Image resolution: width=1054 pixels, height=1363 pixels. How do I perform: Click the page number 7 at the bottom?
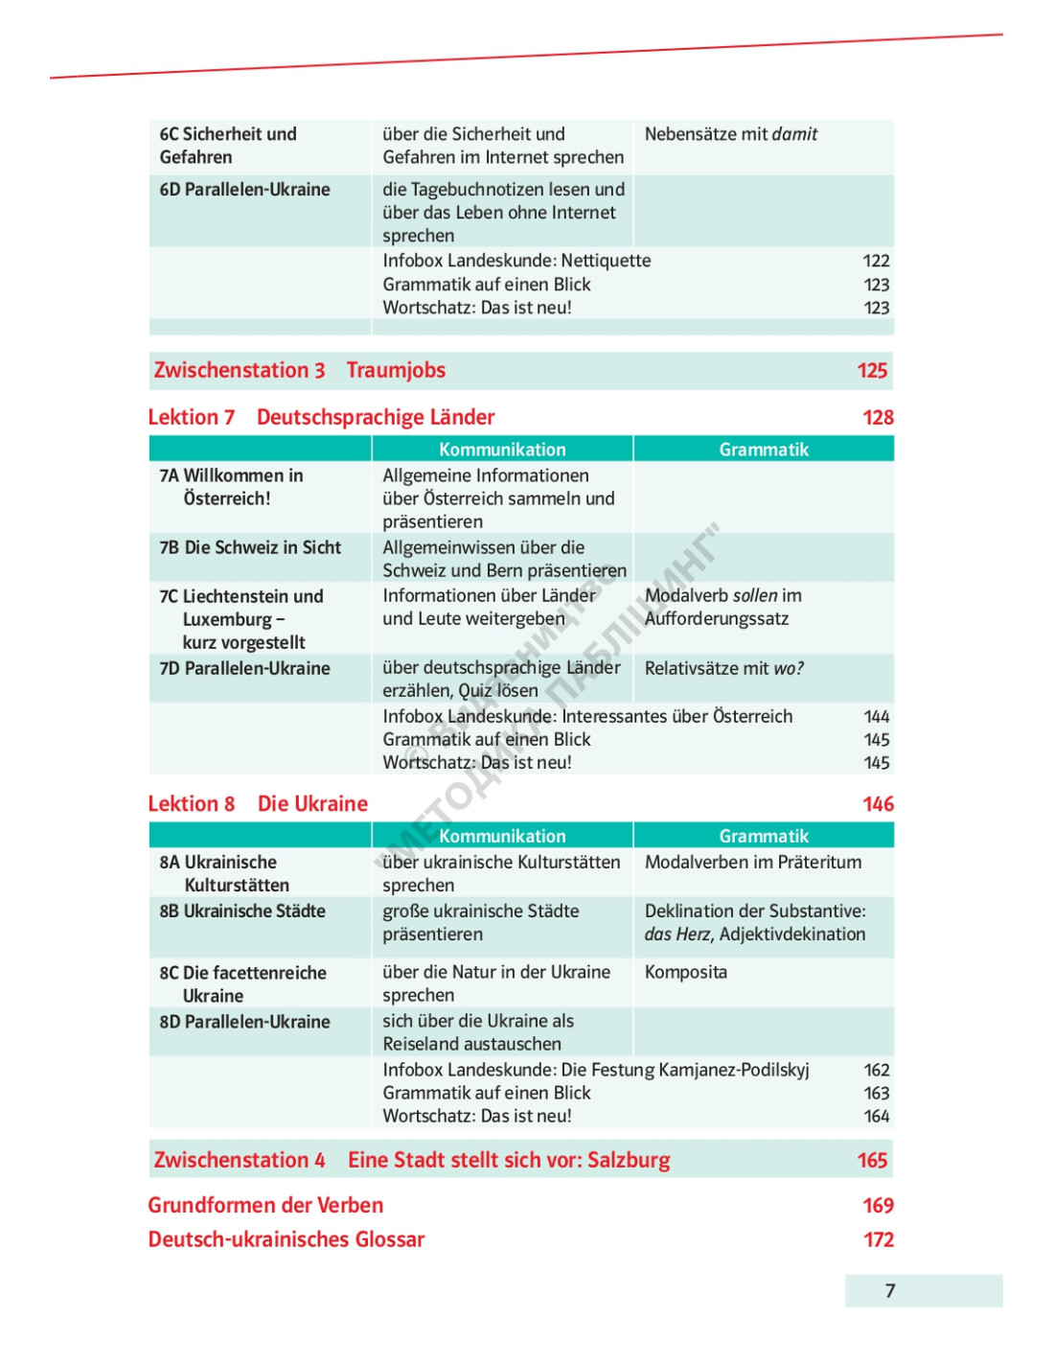[890, 1291]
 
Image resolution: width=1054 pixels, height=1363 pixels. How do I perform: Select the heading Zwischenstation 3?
[240, 371]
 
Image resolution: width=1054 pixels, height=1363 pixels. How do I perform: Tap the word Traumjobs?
[396, 371]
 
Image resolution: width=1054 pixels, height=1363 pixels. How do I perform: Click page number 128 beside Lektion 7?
[878, 418]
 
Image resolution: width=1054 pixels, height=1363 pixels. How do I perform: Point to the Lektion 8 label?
[192, 804]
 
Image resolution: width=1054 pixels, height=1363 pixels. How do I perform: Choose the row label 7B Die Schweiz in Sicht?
[250, 547]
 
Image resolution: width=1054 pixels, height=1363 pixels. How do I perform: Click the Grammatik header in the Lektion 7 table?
[764, 450]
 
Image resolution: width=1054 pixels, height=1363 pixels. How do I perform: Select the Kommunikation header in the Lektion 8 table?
[502, 836]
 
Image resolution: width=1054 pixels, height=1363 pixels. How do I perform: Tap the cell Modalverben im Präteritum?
[753, 862]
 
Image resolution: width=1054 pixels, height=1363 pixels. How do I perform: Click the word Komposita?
[686, 972]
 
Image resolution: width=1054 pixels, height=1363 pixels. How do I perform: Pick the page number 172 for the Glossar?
[878, 1239]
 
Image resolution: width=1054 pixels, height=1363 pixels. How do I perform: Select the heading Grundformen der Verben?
[265, 1206]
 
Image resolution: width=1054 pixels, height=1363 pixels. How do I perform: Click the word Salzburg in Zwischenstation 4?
[629, 1161]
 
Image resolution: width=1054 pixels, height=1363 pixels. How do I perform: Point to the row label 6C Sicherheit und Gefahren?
[228, 146]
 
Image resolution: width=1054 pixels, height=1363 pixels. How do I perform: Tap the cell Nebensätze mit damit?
[731, 134]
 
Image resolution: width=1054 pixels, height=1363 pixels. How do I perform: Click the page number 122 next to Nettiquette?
[876, 261]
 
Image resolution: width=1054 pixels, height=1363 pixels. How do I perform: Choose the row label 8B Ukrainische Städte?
[242, 911]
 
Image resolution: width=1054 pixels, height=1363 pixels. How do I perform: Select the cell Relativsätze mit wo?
[724, 668]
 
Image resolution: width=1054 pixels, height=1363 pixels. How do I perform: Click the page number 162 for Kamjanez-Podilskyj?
[877, 1070]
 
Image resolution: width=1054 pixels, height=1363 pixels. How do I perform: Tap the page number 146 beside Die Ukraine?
[878, 804]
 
